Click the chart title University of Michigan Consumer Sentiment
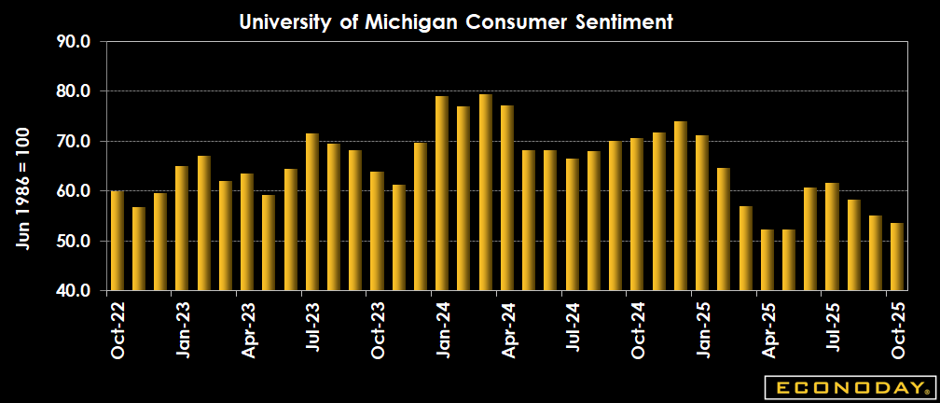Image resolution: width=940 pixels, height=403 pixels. pyautogui.click(x=456, y=21)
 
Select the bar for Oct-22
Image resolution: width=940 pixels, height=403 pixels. pyautogui.click(x=117, y=241)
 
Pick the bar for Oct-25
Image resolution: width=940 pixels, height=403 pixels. pyautogui.click(x=897, y=257)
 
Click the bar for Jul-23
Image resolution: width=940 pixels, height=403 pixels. pyautogui.click(x=312, y=212)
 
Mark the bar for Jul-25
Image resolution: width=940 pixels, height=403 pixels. pyautogui.click(x=832, y=236)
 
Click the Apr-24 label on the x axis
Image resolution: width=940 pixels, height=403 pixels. pyautogui.click(x=508, y=329)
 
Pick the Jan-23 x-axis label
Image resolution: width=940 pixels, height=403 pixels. pyautogui.click(x=183, y=329)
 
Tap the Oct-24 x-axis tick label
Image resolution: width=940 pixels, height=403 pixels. pyautogui.click(x=638, y=329)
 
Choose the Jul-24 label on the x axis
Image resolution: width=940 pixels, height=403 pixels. pyautogui.click(x=573, y=329)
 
